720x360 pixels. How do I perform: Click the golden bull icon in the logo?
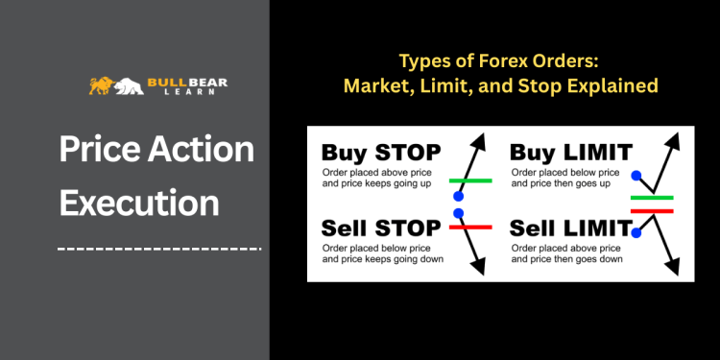[100, 85]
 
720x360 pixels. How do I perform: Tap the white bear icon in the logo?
[128, 86]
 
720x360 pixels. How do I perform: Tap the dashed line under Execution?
[159, 249]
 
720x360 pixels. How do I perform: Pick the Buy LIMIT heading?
[571, 152]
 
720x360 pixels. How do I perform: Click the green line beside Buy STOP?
[469, 180]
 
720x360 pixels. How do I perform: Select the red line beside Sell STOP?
[469, 227]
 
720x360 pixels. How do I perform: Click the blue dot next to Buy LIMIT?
[636, 176]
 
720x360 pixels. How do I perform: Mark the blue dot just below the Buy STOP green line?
[458, 195]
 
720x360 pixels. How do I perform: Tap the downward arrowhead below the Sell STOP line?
[480, 268]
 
